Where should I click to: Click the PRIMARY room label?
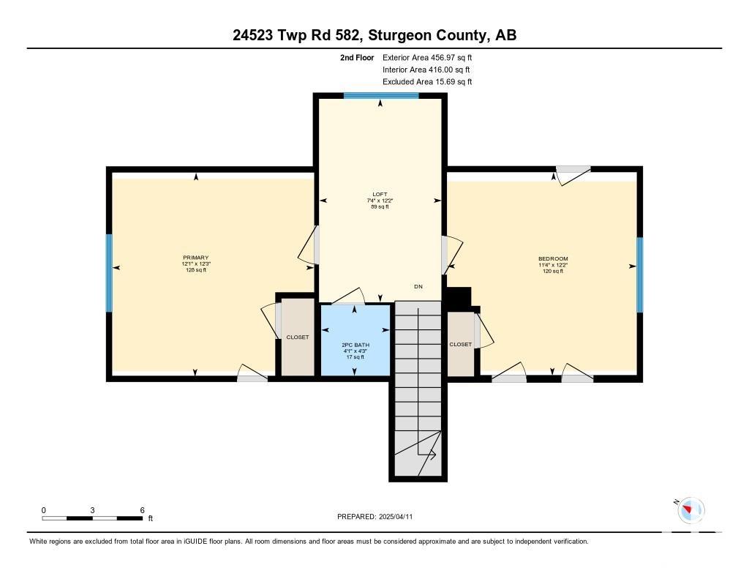[x=196, y=258]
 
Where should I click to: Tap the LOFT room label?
[x=380, y=194]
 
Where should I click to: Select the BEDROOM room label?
[x=553, y=258]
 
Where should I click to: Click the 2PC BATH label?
[x=355, y=345]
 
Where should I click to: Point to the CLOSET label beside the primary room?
[x=298, y=337]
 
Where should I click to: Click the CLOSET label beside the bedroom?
[x=461, y=344]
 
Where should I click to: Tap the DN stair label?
[x=418, y=286]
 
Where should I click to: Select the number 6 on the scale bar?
[x=143, y=510]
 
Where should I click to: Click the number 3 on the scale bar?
[x=92, y=510]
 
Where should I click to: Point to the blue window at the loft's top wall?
[x=381, y=96]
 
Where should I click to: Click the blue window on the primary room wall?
[x=109, y=273]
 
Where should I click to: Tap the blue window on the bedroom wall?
[x=639, y=274]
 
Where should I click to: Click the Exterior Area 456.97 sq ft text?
[x=427, y=57]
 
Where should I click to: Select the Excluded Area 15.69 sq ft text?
[x=427, y=82]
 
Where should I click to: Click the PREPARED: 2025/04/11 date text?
[x=375, y=516]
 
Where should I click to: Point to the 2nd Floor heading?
[x=357, y=57]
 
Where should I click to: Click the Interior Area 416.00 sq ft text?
[x=426, y=70]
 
